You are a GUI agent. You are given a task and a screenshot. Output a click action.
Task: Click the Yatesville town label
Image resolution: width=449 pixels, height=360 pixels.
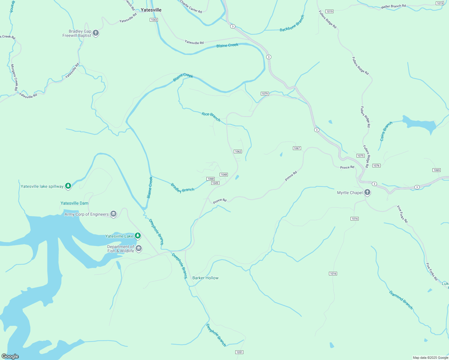click(x=151, y=10)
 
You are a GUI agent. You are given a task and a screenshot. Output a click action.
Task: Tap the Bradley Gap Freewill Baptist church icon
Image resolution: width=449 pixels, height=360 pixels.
click(x=96, y=33)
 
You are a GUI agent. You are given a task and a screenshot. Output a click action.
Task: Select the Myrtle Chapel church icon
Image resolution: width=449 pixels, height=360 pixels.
click(x=367, y=193)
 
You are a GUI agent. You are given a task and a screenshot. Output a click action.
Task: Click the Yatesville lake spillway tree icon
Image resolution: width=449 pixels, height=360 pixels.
click(x=68, y=186)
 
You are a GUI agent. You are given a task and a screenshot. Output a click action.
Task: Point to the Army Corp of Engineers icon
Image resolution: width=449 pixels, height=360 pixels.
click(x=113, y=214)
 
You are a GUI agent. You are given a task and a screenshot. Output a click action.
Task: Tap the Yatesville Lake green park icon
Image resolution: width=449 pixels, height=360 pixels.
click(x=138, y=236)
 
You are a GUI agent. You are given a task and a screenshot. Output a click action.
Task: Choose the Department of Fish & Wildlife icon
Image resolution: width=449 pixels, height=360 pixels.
click(x=139, y=248)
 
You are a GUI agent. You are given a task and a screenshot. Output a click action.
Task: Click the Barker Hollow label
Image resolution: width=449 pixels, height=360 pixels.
click(x=205, y=278)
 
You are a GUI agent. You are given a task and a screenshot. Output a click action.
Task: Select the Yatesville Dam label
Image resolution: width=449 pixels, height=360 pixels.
click(x=74, y=203)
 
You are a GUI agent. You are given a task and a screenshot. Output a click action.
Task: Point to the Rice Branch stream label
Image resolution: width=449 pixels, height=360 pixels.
click(x=211, y=117)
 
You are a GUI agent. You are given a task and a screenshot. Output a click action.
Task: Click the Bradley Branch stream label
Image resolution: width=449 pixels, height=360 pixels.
click(x=182, y=188)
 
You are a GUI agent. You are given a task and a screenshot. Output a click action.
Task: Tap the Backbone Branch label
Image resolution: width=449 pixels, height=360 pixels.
click(x=292, y=24)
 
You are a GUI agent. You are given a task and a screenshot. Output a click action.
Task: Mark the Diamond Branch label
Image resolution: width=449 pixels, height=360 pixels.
click(x=401, y=300)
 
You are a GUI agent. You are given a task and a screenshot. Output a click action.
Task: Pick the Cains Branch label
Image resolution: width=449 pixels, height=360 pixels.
click(x=386, y=131)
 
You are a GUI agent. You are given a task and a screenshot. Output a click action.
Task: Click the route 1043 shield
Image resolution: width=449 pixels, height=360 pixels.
click(x=154, y=20)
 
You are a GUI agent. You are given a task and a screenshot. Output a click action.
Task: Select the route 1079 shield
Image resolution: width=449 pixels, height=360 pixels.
click(x=264, y=94)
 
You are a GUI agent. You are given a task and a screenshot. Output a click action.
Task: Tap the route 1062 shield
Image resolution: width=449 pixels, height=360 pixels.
click(x=238, y=151)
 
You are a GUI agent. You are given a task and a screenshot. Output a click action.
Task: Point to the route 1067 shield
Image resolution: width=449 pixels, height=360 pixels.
click(x=297, y=148)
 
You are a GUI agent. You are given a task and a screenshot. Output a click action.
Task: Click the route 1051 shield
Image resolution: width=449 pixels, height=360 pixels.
click(x=239, y=352)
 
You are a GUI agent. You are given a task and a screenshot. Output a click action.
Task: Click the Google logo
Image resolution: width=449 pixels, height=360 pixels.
click(x=10, y=356)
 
